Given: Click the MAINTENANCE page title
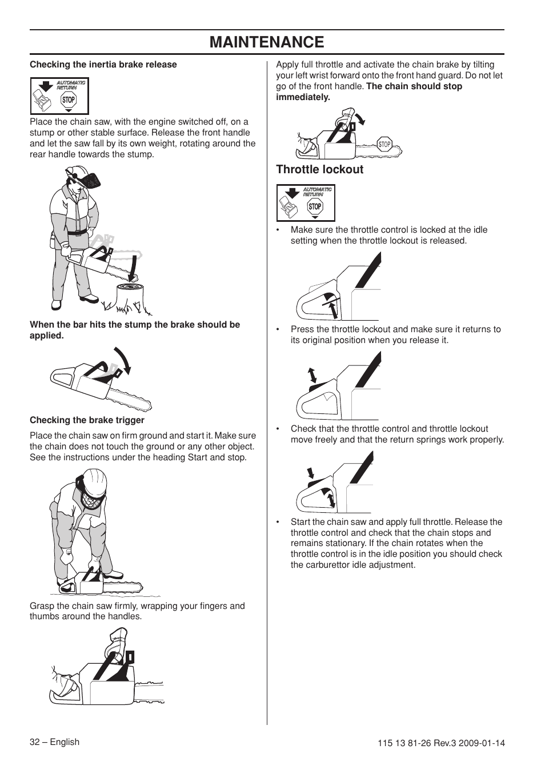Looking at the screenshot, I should pyautogui.click(x=267, y=42).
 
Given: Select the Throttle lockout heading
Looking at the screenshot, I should pyautogui.click(x=319, y=169).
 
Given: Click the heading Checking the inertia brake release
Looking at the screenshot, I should pyautogui.click(x=103, y=65).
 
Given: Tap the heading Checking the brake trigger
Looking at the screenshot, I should pyautogui.click(x=87, y=420).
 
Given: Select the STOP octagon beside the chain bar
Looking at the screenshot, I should pyautogui.click(x=384, y=145).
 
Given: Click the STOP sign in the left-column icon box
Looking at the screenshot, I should pyautogui.click(x=69, y=99).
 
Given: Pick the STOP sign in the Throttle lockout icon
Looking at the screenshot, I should pyautogui.click(x=315, y=206).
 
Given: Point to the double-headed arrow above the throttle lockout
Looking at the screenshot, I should pyautogui.click(x=312, y=375).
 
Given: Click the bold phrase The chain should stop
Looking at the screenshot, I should pyautogui.click(x=414, y=86).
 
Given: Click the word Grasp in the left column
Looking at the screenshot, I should pyautogui.click(x=41, y=606).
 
